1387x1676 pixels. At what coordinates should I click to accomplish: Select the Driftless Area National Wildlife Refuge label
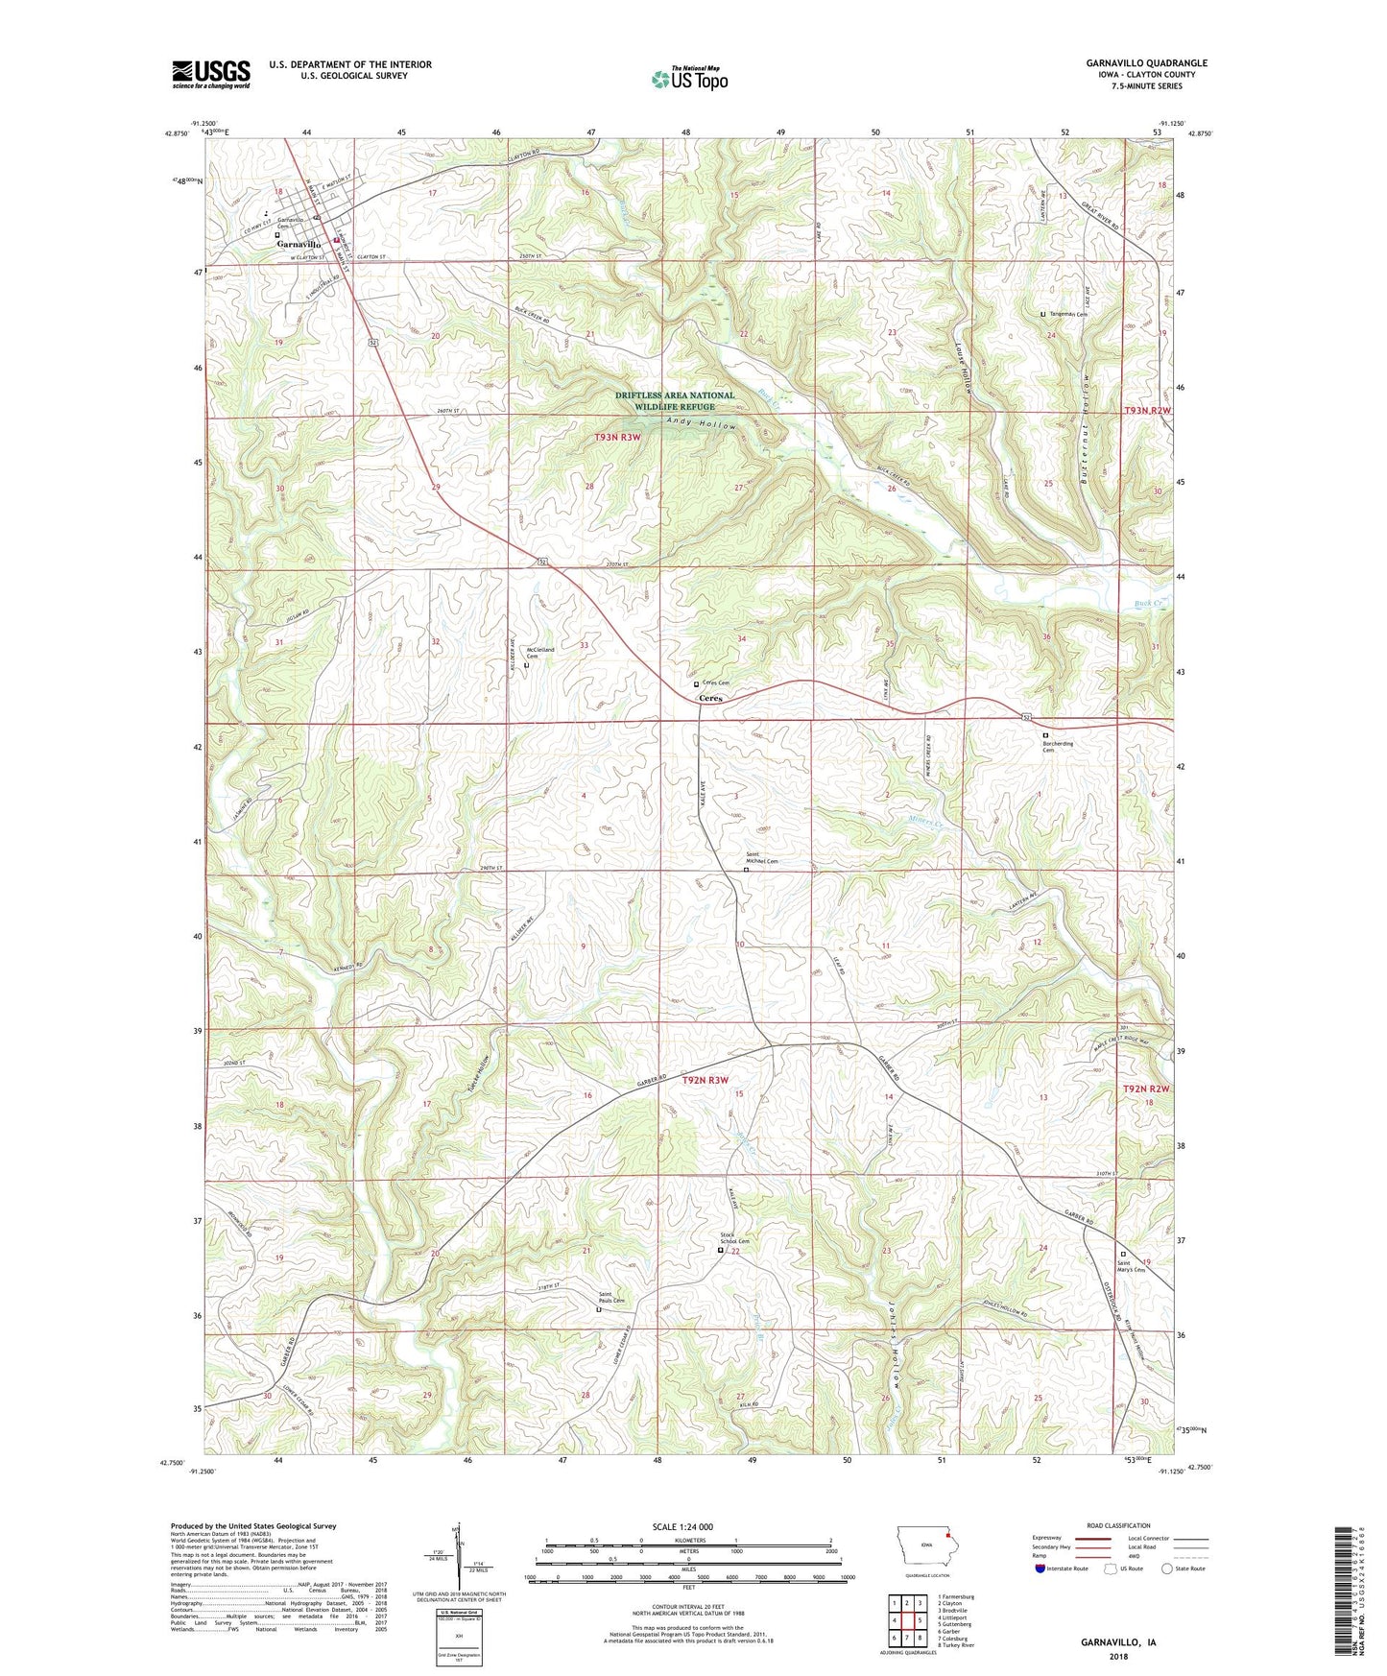point(675,400)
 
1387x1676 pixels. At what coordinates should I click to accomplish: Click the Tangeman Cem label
point(1067,314)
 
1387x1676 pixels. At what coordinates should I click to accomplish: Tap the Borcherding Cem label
point(1058,746)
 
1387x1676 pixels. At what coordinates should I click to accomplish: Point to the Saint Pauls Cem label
point(611,1297)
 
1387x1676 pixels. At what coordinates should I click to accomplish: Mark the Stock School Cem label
point(733,1238)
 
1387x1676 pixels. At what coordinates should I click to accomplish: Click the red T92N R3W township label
point(711,1080)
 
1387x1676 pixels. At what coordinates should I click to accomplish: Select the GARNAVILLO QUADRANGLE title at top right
point(1146,62)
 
